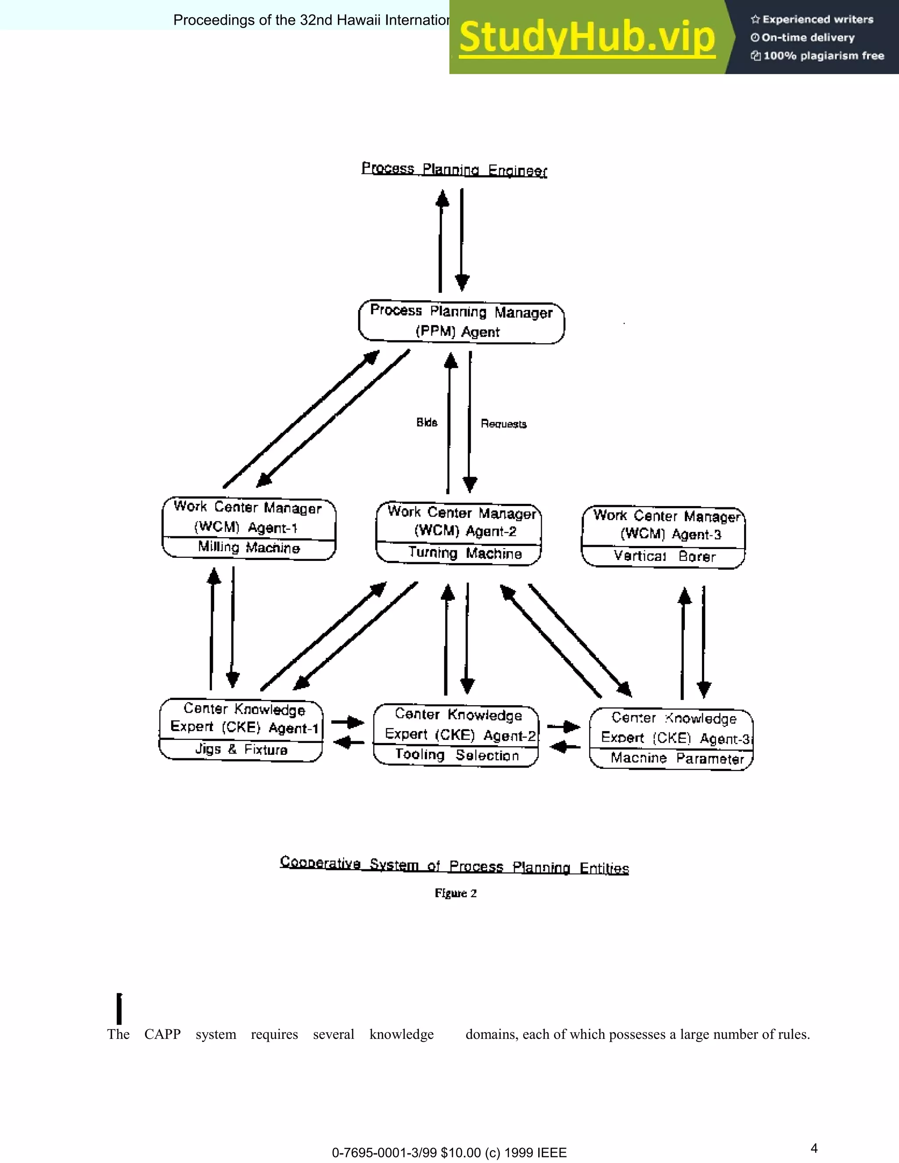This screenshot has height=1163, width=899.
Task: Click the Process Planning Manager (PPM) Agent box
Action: click(x=461, y=322)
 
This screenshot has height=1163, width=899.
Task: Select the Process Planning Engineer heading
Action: click(x=454, y=169)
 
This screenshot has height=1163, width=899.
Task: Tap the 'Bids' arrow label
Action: click(x=427, y=422)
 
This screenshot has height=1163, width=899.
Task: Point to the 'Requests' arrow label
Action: click(x=503, y=424)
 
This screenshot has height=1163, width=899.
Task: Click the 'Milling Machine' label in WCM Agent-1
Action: click(x=249, y=547)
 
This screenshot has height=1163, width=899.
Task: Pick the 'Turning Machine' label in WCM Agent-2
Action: click(x=464, y=553)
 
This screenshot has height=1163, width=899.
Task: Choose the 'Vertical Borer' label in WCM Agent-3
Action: click(x=664, y=556)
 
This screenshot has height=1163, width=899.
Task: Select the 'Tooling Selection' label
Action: click(x=457, y=755)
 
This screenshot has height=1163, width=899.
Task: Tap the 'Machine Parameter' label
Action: click(x=676, y=758)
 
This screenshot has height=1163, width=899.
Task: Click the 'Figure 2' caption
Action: click(x=455, y=894)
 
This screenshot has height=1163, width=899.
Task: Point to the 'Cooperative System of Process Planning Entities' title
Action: click(x=454, y=865)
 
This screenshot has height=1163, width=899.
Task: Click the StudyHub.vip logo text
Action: click(x=587, y=37)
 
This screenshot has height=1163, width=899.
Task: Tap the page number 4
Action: click(x=814, y=1148)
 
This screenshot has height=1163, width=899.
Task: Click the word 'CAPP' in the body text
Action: click(x=162, y=1034)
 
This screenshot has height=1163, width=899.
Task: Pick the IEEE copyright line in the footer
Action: click(x=449, y=1153)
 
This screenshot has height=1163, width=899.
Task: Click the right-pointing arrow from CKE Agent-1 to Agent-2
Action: click(x=348, y=723)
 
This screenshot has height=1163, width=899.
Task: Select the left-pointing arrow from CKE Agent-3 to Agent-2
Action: click(x=565, y=747)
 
